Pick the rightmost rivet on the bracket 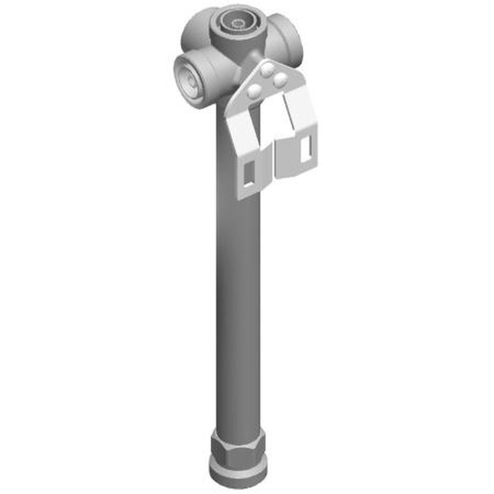280,80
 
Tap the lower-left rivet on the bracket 255,90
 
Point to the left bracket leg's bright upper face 242,133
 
